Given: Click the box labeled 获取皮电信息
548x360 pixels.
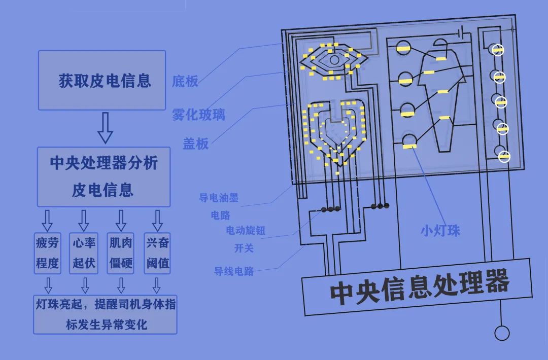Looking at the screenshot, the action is click(101, 80).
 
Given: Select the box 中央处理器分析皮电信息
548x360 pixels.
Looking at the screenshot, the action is click(104, 176).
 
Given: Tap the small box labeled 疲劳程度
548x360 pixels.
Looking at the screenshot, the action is click(48, 253).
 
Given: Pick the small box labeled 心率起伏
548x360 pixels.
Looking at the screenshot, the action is click(84, 253).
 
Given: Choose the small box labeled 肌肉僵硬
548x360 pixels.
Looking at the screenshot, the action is click(121, 253).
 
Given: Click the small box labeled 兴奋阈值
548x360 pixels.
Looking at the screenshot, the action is click(157, 253).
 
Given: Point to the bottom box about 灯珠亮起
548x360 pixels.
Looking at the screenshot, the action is click(105, 314).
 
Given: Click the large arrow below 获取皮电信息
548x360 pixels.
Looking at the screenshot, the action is click(105, 128).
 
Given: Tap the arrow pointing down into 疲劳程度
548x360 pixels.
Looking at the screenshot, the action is click(47, 220).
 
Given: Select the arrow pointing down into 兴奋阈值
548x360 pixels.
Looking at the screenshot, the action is click(157, 220).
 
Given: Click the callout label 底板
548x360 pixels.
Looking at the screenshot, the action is click(185, 81).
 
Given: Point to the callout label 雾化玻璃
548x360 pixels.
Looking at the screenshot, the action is click(198, 115).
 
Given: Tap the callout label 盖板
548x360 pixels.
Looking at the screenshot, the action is click(196, 143).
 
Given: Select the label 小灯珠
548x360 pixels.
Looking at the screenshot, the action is click(440, 231).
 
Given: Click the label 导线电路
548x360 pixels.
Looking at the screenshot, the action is click(234, 271).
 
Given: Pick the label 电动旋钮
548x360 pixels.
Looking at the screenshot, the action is click(246, 231).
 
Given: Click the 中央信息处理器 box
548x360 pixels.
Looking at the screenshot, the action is click(418, 287).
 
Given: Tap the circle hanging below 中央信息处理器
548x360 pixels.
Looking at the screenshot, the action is click(502, 333).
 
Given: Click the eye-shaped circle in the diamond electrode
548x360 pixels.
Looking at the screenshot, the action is click(334, 60).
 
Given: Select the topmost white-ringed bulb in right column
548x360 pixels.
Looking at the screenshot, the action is click(498, 50).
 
